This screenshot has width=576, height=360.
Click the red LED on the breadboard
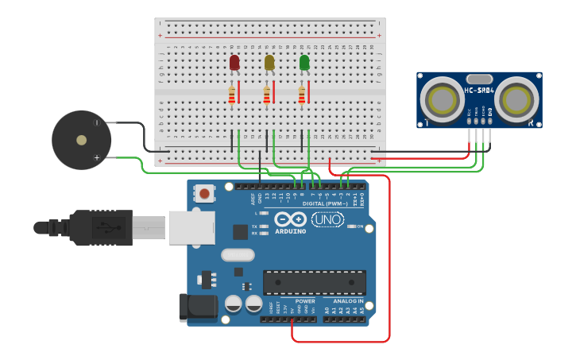(234, 62)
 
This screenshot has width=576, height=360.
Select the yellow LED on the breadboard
(269, 62)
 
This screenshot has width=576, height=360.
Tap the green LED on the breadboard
(304, 62)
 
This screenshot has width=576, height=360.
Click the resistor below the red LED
(231, 95)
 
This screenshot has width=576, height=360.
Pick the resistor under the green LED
(301, 95)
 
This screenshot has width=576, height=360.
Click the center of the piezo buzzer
(81, 140)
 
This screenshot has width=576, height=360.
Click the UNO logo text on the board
(327, 219)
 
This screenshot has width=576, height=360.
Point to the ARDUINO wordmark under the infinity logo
(290, 231)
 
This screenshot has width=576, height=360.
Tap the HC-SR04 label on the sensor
(479, 91)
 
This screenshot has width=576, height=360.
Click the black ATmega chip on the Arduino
(315, 282)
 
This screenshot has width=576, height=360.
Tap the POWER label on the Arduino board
(305, 301)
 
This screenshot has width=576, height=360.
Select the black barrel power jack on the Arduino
(198, 307)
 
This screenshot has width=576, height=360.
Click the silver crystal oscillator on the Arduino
(237, 255)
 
